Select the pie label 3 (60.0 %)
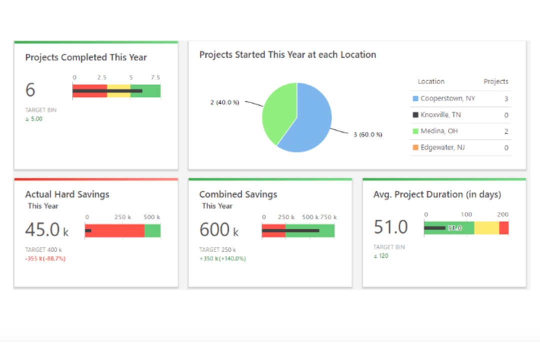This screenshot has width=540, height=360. pos(367,134)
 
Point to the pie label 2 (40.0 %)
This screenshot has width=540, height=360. pos(224,102)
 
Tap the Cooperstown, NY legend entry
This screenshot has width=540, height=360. pos(447,98)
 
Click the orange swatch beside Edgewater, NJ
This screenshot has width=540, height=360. pos(415,147)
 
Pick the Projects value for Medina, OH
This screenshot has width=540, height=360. pos(506,131)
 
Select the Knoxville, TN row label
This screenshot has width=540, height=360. pos(440,115)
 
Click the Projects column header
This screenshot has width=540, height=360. pos(495,81)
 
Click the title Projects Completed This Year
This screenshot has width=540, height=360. pos(86,57)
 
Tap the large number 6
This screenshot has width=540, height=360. pos(30,90)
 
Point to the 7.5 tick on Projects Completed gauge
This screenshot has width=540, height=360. pos(155,77)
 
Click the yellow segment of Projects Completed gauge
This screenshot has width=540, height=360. pos(118,86)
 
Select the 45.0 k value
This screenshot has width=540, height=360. pos(47,230)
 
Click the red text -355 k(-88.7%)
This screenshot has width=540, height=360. pos(45,258)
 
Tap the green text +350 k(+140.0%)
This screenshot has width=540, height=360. pos(222,258)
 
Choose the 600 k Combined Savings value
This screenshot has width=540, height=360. pos(219,230)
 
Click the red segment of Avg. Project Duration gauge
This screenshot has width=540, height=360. pos(503,228)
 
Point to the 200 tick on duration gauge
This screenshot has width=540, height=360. pos(502,214)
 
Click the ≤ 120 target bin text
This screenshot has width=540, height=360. pos(381,256)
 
